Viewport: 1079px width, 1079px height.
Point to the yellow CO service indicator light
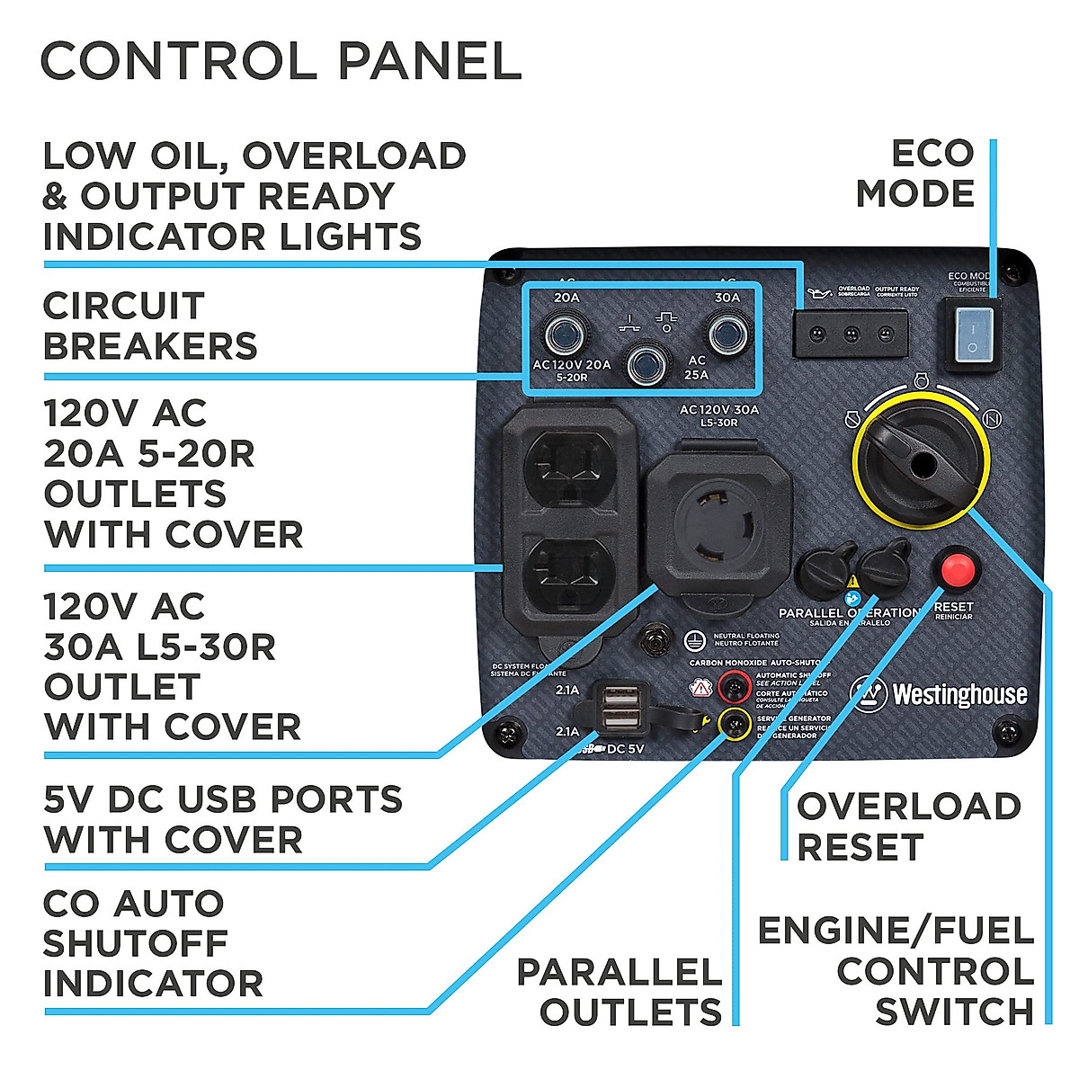click(735, 722)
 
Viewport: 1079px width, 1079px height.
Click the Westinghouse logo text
click(959, 694)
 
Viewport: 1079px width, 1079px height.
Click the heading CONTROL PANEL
click(281, 61)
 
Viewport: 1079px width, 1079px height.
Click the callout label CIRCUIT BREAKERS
click(150, 325)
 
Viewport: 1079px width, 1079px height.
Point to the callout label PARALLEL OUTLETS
click(619, 992)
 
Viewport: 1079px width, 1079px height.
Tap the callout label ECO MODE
click(914, 174)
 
